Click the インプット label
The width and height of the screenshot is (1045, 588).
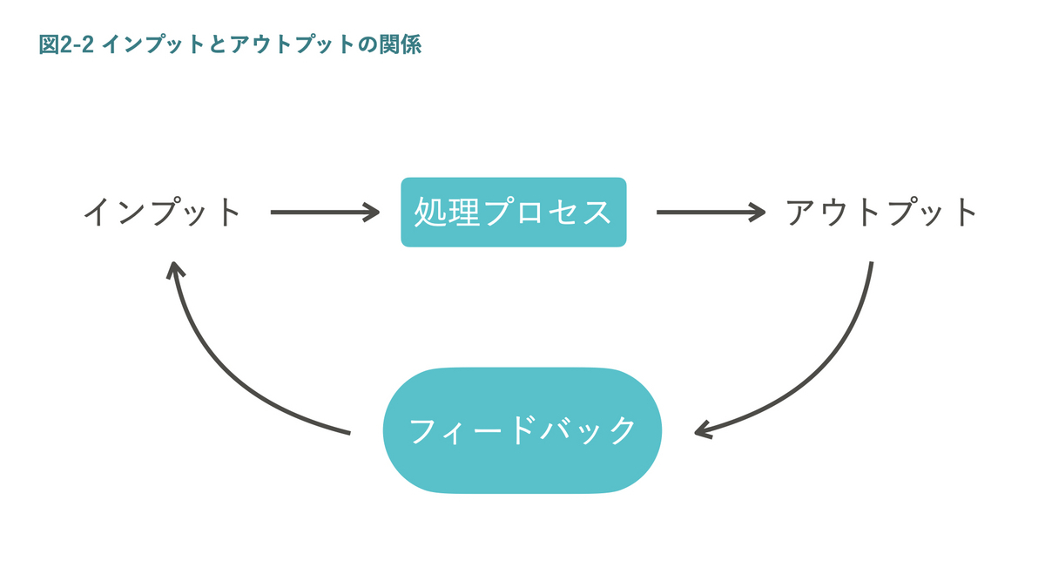(162, 213)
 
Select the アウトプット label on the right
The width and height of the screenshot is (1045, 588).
(882, 213)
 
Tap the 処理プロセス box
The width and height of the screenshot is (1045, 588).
(513, 213)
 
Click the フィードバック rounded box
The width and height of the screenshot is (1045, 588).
(522, 431)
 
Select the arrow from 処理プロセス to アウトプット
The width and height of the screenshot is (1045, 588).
(710, 212)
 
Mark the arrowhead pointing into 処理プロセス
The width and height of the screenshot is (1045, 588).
(373, 212)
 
